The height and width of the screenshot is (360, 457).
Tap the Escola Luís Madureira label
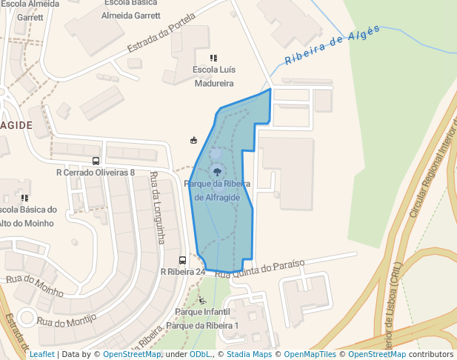(x=213, y=77)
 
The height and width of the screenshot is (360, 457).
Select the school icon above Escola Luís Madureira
(x=213, y=58)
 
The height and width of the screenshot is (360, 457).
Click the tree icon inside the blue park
(x=216, y=172)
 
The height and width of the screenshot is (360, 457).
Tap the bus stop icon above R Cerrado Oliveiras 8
(x=96, y=161)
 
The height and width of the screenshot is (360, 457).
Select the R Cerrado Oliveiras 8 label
(x=96, y=173)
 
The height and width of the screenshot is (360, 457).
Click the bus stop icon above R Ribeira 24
(x=183, y=260)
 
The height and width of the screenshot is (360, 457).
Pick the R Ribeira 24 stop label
(x=183, y=272)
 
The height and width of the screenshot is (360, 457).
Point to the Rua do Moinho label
(x=35, y=285)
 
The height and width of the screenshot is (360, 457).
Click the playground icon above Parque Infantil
(x=203, y=300)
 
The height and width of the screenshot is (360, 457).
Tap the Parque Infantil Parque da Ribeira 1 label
(x=203, y=319)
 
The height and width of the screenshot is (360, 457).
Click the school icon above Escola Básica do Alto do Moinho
(x=24, y=198)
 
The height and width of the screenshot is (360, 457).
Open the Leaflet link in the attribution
(x=41, y=354)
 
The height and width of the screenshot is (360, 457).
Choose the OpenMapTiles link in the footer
(x=310, y=354)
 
